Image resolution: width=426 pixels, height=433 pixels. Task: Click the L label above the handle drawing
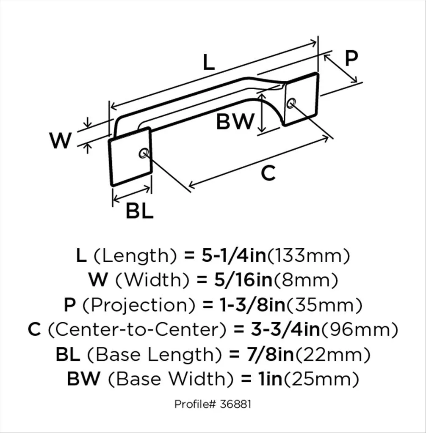(x=209, y=63)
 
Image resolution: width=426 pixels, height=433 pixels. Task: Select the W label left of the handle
(x=60, y=141)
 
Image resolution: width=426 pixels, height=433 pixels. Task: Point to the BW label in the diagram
(x=235, y=123)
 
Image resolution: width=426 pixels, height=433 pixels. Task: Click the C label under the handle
(x=268, y=173)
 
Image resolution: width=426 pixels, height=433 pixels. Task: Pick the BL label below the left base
(x=139, y=211)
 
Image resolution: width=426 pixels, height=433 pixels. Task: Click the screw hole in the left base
(x=143, y=153)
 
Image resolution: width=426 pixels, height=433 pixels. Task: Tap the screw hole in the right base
(x=291, y=103)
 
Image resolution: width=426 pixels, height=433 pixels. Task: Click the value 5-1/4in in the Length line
(x=233, y=256)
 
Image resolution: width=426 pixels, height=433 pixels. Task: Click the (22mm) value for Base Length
(x=332, y=354)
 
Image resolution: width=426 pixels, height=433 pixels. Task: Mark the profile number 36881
(x=235, y=404)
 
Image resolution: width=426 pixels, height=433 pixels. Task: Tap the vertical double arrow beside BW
(x=262, y=112)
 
